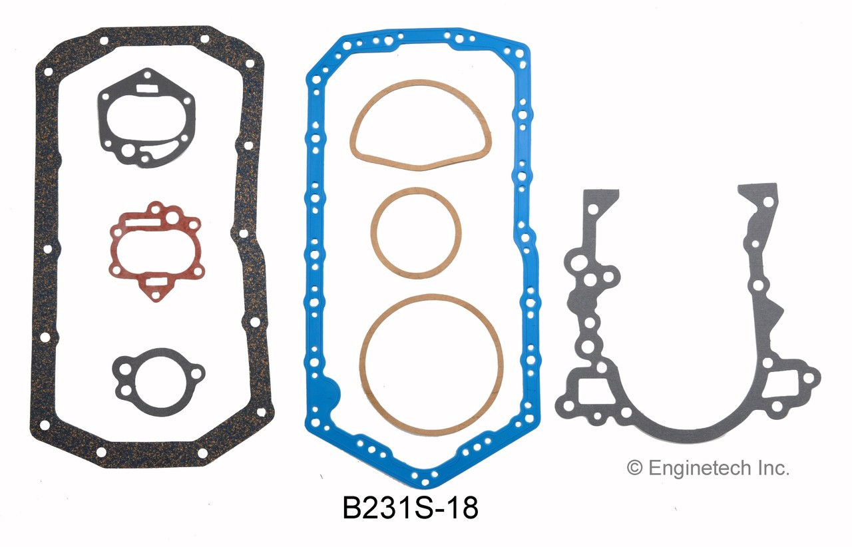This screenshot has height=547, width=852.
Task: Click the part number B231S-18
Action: tap(410, 509)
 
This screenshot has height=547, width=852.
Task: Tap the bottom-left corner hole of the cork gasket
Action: tap(45, 425)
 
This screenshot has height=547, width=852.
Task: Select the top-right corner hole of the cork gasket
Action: tap(250, 64)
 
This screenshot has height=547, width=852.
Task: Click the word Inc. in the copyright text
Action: tap(771, 468)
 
